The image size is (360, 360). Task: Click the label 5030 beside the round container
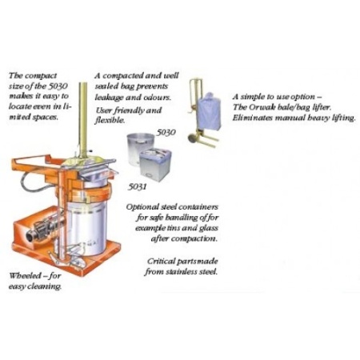tap(166, 133)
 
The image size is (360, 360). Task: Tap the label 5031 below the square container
tap(137, 186)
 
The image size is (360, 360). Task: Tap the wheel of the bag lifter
tap(192, 138)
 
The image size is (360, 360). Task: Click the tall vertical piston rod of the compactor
tap(83, 120)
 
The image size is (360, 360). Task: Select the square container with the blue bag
tap(155, 166)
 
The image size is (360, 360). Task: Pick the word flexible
tap(110, 121)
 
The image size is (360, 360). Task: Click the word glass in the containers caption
tap(209, 229)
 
